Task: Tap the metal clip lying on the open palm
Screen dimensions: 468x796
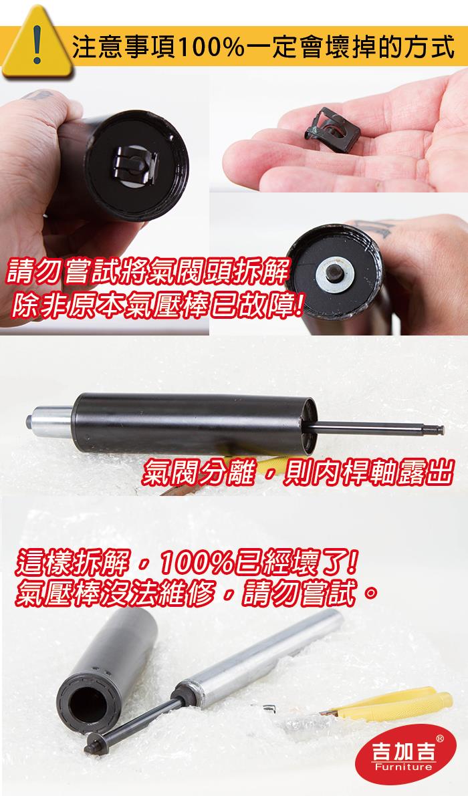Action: click(x=332, y=130)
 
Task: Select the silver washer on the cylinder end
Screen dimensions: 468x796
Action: click(x=335, y=273)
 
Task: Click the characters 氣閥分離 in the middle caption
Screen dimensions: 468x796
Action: click(x=197, y=472)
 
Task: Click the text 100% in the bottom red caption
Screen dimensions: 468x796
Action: click(x=197, y=563)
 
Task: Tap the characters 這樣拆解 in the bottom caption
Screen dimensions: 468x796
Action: click(x=73, y=563)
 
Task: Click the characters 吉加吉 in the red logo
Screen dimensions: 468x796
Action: click(x=404, y=751)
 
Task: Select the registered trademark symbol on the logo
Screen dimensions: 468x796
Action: click(x=439, y=738)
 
